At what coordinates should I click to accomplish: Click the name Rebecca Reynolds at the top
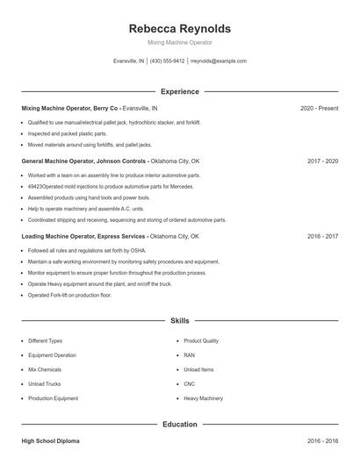(x=179, y=28)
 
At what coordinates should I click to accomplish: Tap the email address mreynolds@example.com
(x=218, y=61)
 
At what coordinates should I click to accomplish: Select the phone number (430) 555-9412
(x=167, y=61)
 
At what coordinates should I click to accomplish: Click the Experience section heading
(x=180, y=91)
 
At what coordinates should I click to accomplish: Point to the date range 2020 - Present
(x=319, y=108)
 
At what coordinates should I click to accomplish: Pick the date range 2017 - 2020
(x=323, y=161)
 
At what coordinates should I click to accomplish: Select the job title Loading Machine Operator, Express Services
(x=83, y=236)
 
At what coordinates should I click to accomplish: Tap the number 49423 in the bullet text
(x=35, y=187)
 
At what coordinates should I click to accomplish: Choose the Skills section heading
(x=180, y=321)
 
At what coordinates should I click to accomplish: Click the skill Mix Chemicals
(x=45, y=369)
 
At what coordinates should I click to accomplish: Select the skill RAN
(x=189, y=355)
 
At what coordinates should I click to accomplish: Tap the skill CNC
(x=190, y=383)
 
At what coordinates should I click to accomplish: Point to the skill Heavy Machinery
(x=203, y=398)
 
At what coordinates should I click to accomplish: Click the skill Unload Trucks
(x=44, y=383)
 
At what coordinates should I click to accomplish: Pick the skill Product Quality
(x=201, y=340)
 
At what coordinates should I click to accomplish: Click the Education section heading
(x=180, y=425)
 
